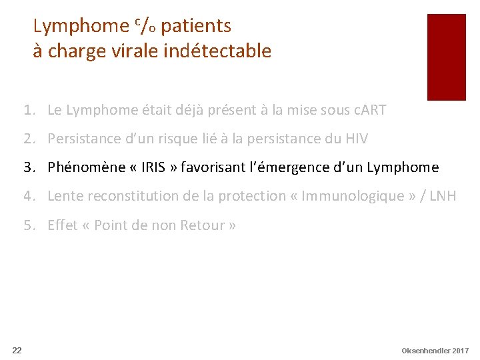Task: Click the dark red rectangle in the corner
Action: point(446,57)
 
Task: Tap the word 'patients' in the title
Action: point(196,26)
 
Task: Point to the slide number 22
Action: point(17,350)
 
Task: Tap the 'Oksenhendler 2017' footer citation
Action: point(435,350)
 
